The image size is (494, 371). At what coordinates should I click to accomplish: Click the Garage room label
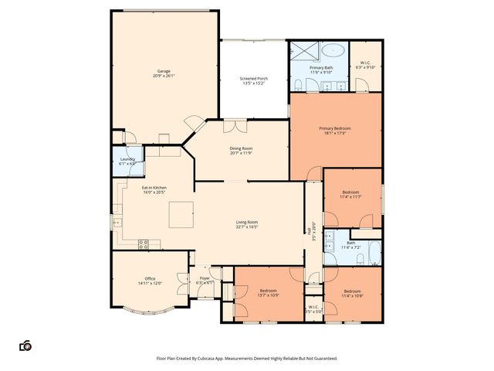point(164,73)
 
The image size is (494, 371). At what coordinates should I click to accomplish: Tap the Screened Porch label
point(252,80)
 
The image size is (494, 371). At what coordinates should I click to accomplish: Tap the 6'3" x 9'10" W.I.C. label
point(366,65)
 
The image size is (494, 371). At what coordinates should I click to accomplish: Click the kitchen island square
point(181,213)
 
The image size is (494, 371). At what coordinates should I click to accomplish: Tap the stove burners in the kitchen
point(143,243)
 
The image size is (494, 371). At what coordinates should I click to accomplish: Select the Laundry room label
point(126,161)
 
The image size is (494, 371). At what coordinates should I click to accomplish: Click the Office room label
point(150,281)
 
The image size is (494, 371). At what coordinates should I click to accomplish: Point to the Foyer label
point(205,280)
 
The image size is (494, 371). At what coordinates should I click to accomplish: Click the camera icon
point(25,345)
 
